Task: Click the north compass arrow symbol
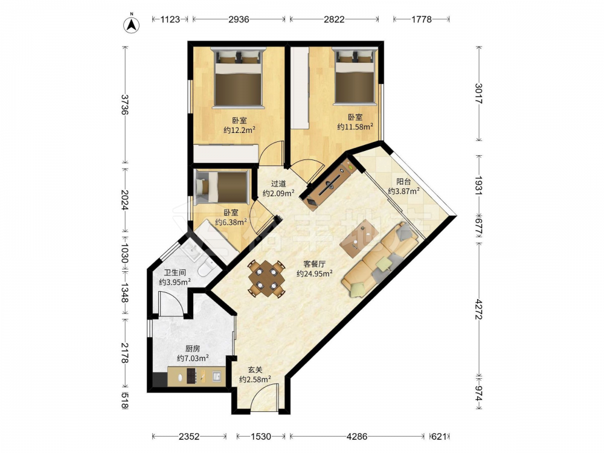coord(131,24)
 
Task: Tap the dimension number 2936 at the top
coord(239,19)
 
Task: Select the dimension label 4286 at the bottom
coord(357,437)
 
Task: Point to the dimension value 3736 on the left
coord(124,104)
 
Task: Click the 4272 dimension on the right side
coord(479,309)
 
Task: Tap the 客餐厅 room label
coord(314,264)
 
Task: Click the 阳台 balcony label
coord(403,181)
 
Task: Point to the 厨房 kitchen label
coord(193,349)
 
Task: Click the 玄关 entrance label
coord(255,370)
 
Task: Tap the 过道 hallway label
coord(278,184)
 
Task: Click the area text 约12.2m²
coord(239,130)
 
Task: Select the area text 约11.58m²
coord(355,126)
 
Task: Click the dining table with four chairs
coord(266,278)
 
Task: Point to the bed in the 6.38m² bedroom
coord(222,187)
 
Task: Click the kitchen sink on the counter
coord(216,376)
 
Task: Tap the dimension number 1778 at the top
coord(422,19)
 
